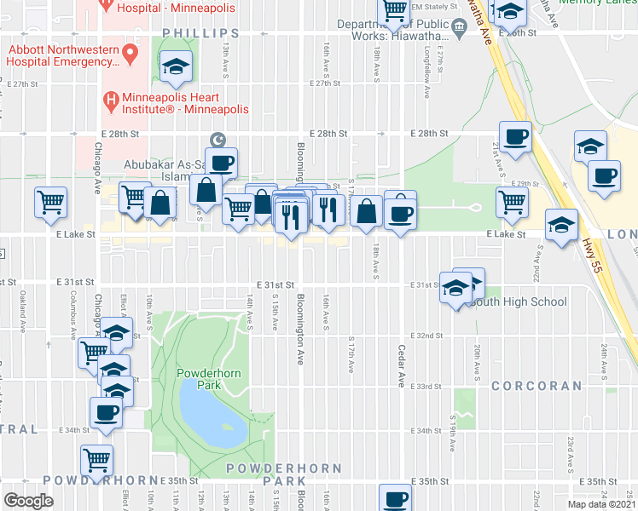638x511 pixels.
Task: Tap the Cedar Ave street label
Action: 399,366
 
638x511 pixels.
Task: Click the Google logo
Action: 28,500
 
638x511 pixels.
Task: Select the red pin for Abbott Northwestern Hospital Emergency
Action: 130,55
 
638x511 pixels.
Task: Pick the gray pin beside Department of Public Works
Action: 459,32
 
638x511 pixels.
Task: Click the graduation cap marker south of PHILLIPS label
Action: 176,66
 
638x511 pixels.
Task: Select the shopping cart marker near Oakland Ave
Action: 50,202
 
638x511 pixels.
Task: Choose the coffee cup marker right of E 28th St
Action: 515,137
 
